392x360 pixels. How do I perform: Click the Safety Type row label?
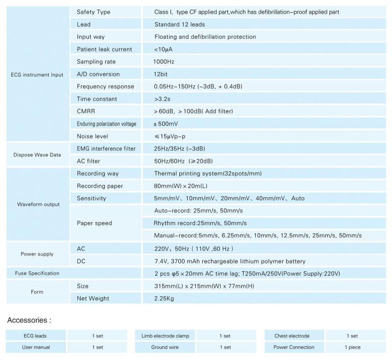pyautogui.click(x=94, y=12)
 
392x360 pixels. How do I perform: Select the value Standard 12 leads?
pyautogui.click(x=180, y=24)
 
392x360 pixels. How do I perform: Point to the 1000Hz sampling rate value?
pyautogui.click(x=164, y=62)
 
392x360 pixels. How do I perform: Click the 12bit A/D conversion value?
pyautogui.click(x=161, y=74)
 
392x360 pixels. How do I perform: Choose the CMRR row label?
pyautogui.click(x=86, y=111)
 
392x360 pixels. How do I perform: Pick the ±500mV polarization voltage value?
pyautogui.click(x=167, y=124)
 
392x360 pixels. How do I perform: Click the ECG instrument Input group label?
pyautogui.click(x=37, y=75)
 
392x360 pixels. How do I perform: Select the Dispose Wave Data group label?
pyautogui.click(x=37, y=155)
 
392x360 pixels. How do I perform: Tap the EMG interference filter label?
pyautogui.click(x=106, y=149)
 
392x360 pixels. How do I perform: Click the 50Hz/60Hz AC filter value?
pyautogui.click(x=183, y=161)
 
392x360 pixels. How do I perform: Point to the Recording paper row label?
pyautogui.click(x=100, y=186)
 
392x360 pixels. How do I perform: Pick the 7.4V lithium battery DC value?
pyautogui.click(x=230, y=261)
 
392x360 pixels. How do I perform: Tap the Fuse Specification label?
pyautogui.click(x=37, y=273)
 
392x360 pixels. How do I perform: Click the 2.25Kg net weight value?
pyautogui.click(x=165, y=298)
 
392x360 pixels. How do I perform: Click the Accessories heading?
pyautogui.click(x=29, y=320)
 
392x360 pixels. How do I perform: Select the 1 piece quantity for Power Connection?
pyautogui.click(x=352, y=347)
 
